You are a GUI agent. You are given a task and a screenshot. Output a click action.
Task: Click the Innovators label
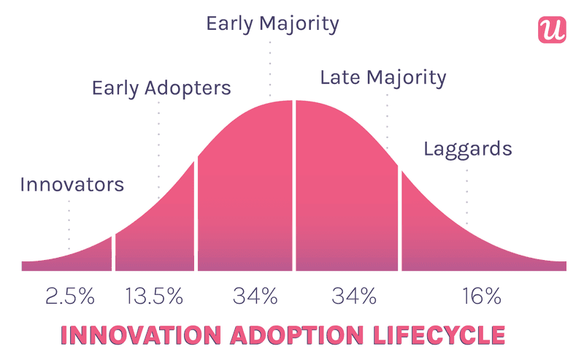pos(72,184)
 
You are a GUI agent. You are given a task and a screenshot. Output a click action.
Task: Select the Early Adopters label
pos(161,88)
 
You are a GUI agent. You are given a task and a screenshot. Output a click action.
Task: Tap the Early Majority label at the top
pos(272,23)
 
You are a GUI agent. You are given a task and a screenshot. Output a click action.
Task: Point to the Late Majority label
pos(383,77)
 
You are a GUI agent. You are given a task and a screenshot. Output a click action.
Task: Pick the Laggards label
pos(467,150)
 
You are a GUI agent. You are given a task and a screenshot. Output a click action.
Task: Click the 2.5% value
pos(70,296)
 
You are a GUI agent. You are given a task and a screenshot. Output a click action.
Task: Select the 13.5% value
pos(153,296)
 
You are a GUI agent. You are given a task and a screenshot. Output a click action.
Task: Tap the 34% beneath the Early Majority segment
pos(255,296)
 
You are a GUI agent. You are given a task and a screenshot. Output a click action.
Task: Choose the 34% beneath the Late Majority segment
pos(354,296)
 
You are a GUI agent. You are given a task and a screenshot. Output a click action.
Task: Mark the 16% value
pos(481,296)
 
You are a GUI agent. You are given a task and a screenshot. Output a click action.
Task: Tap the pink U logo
pos(553,28)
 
